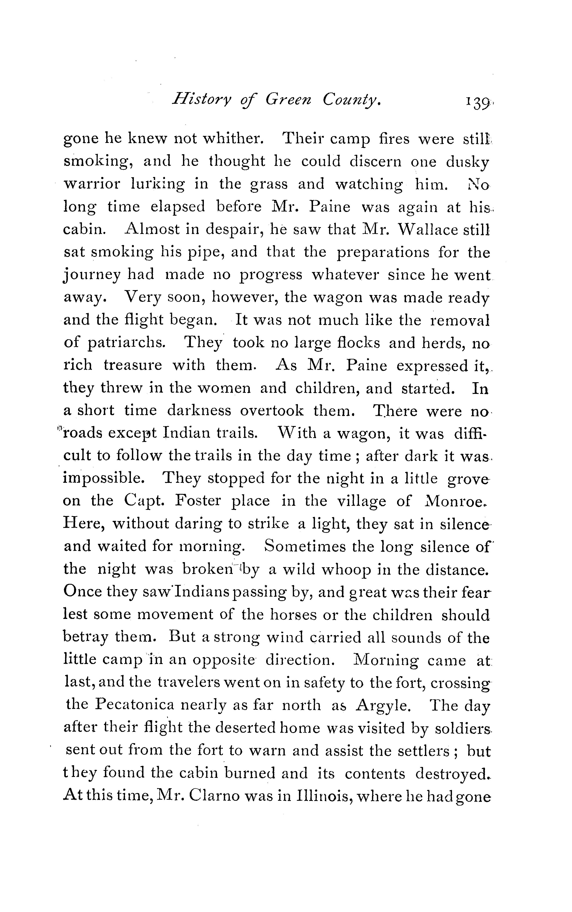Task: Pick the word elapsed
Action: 178,207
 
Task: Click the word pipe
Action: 204,253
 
